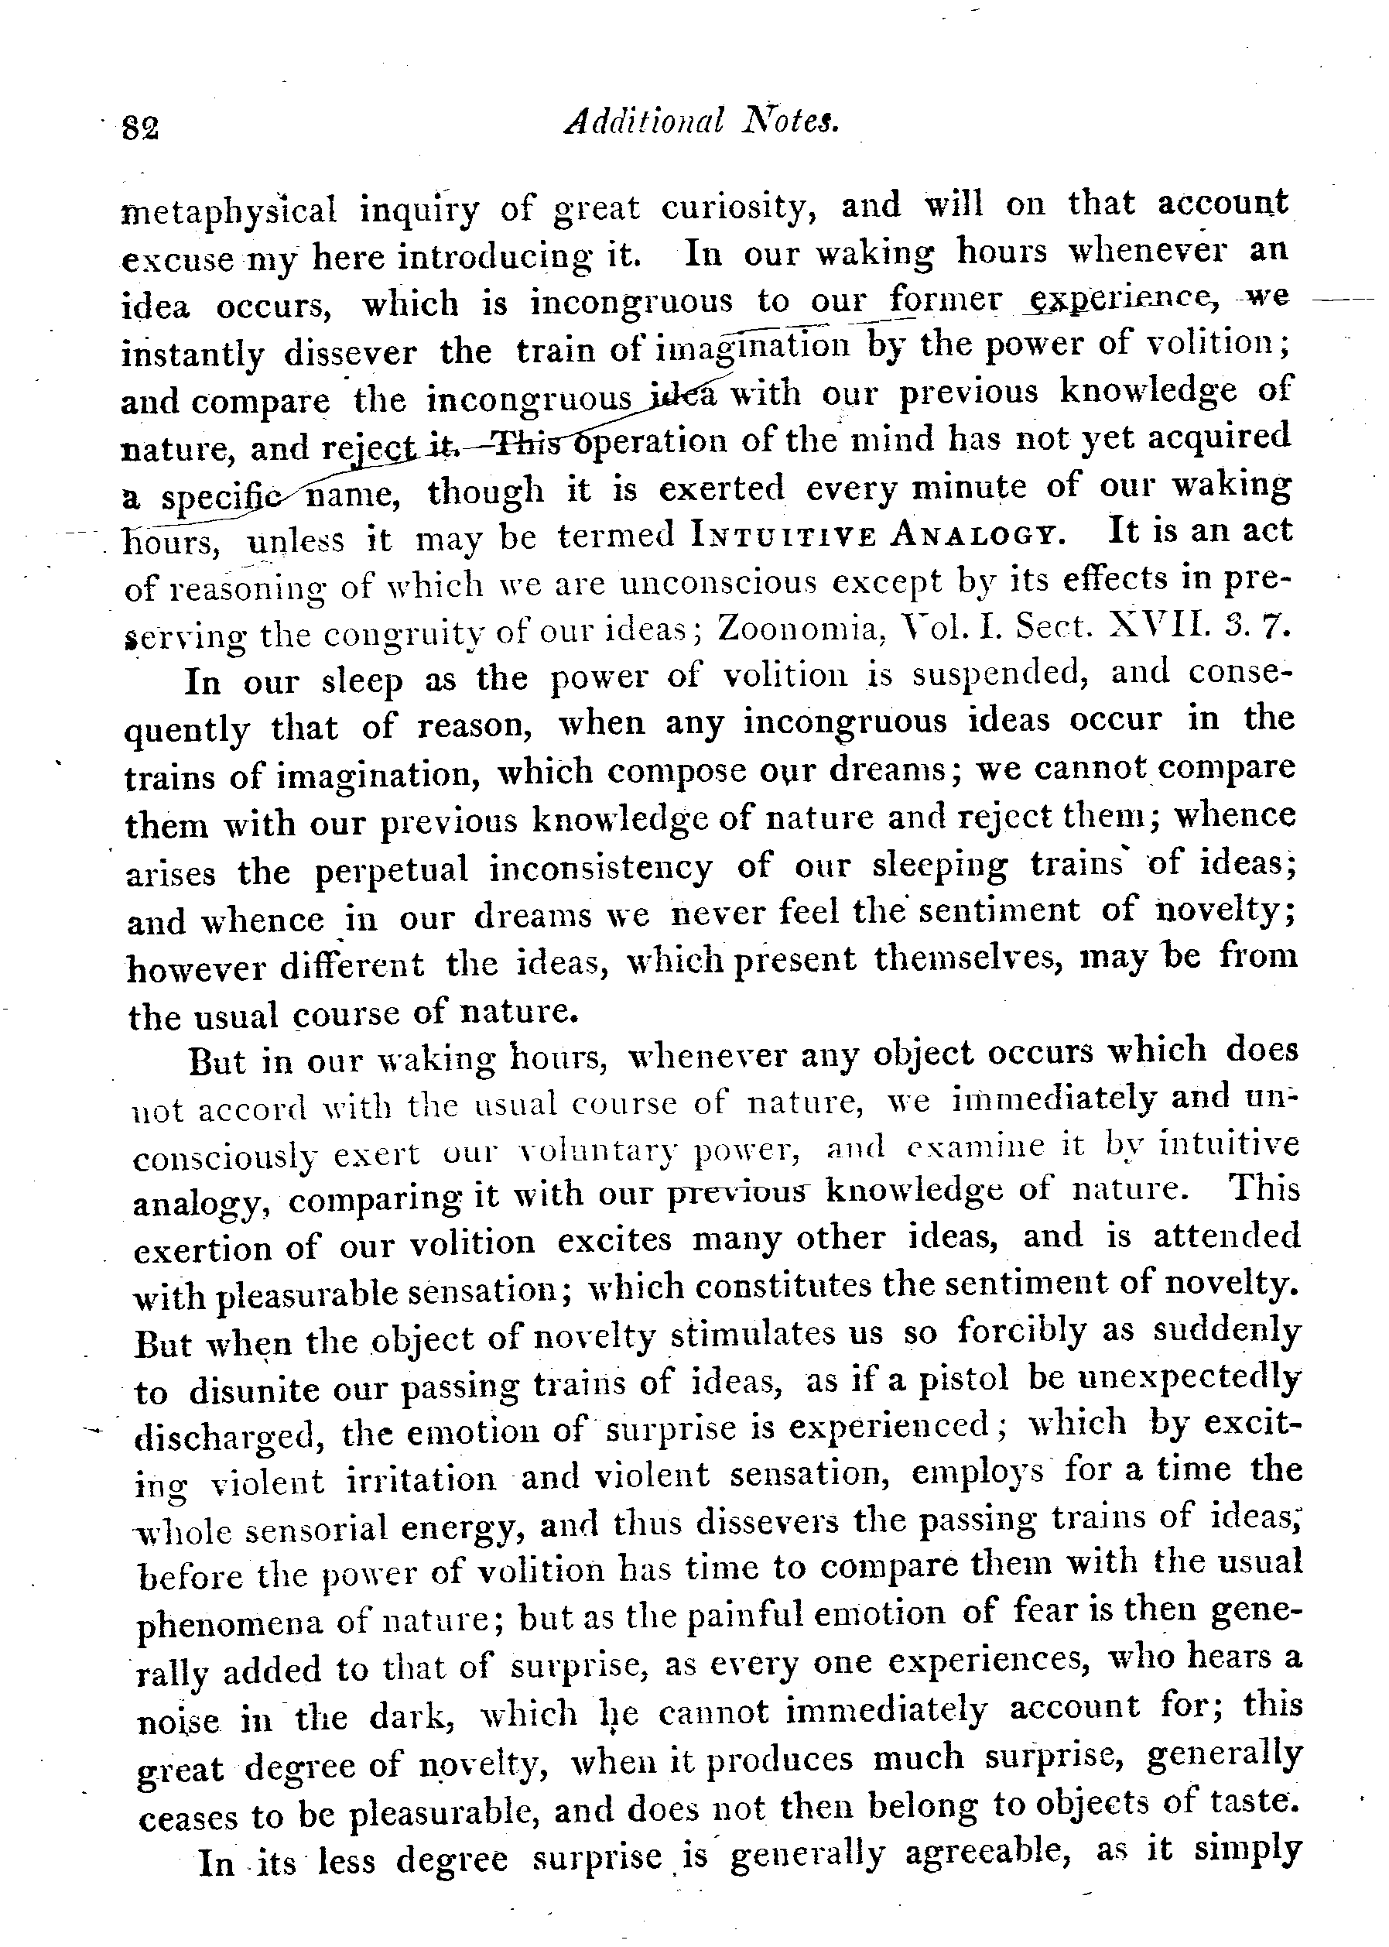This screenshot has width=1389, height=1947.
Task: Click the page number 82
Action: pyautogui.click(x=141, y=129)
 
